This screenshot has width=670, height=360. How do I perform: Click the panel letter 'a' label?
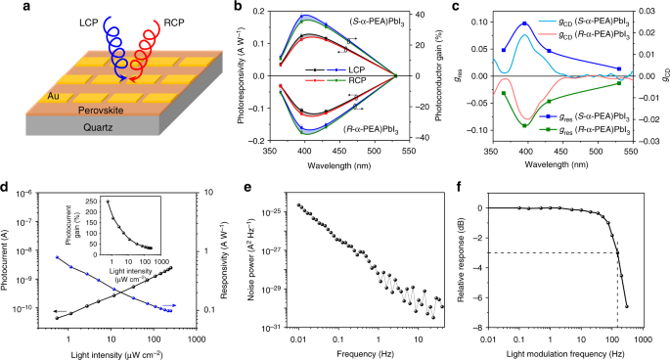tap(7, 8)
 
